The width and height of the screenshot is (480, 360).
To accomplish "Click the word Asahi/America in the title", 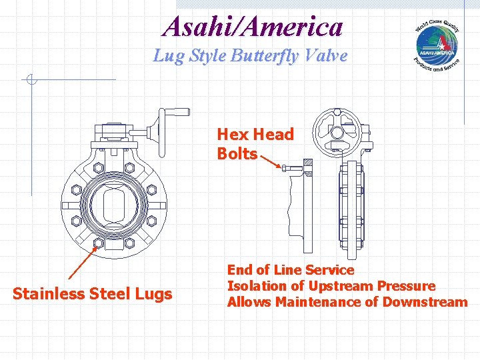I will click(253, 27).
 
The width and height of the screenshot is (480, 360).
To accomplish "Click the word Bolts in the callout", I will click(237, 154).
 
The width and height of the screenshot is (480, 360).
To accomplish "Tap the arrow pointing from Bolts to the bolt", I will click(270, 161).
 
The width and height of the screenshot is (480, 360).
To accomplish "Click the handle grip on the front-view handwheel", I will click(177, 111).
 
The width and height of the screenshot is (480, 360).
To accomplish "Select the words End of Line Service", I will click(291, 270).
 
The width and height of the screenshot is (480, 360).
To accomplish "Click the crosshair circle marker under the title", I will click(31, 81).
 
